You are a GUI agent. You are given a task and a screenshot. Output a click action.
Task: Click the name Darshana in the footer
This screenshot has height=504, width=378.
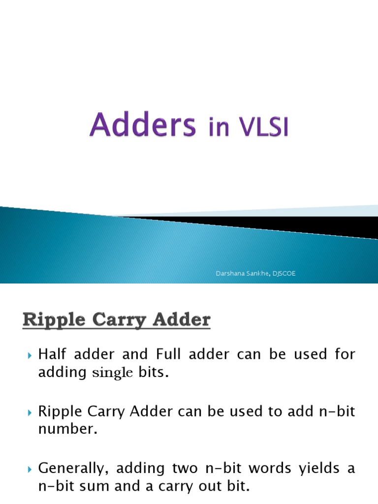click(x=229, y=274)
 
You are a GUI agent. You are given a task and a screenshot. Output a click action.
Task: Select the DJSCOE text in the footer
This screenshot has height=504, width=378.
click(x=283, y=274)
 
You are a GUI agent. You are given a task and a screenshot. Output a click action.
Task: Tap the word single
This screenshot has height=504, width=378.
click(x=113, y=373)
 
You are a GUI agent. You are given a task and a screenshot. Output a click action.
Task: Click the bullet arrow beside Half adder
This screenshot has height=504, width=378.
click(x=30, y=355)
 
